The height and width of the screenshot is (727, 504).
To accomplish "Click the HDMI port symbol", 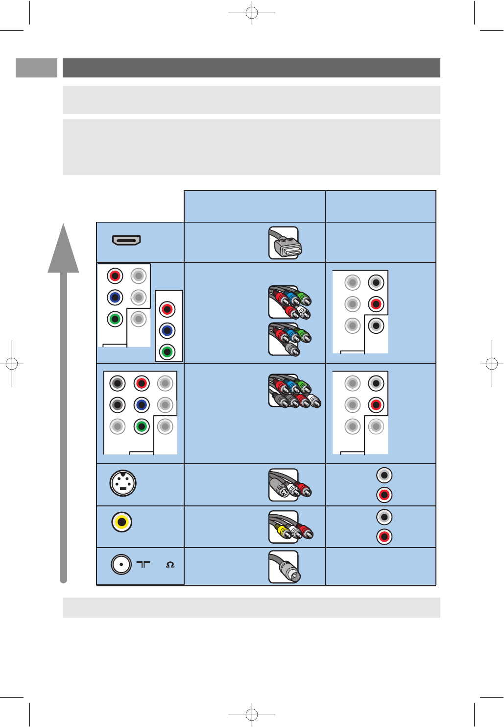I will (126, 240).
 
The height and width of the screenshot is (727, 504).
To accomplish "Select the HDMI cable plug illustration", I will (285, 243).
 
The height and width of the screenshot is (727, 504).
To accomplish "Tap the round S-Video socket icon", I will (122, 483).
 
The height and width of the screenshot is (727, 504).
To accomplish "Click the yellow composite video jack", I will (121, 522).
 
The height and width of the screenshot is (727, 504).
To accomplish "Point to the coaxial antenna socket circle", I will (121, 564).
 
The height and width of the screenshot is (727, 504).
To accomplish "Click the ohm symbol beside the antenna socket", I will (170, 565).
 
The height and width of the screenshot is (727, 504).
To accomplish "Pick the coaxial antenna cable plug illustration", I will (285, 567).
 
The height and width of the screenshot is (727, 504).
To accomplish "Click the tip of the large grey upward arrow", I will (63, 226).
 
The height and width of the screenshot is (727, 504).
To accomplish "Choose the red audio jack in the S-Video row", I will (384, 495).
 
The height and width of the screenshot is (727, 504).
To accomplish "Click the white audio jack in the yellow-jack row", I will (384, 517).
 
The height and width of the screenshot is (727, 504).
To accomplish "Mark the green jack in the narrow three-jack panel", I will (168, 352).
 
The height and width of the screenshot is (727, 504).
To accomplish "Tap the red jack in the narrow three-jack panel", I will (168, 309).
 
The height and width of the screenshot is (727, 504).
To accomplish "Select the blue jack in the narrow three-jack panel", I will (168, 331).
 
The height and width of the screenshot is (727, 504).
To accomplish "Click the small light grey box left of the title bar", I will (36, 68).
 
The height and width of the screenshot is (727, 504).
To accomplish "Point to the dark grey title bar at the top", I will (251, 68).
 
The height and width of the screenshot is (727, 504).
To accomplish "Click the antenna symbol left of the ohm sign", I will (143, 565).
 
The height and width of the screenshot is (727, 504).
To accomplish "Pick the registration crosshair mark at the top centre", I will (252, 13).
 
